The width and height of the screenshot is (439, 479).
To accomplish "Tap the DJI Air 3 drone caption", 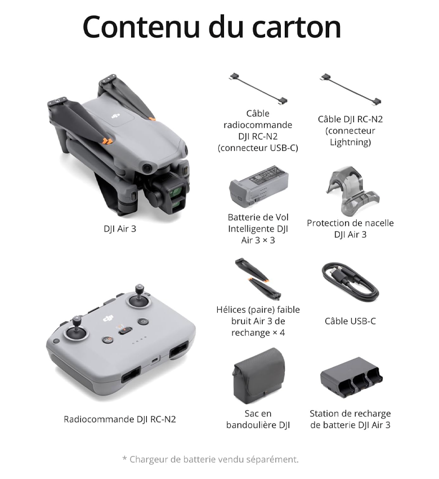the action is (120, 229).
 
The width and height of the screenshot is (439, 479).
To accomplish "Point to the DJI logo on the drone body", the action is (115, 116).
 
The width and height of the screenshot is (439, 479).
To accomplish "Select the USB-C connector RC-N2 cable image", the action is (258, 88).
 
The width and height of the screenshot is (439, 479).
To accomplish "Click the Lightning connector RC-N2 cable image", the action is (351, 89).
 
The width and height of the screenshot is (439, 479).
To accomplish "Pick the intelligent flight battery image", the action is (258, 187).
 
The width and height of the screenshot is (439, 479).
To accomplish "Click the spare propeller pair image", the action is (258, 278).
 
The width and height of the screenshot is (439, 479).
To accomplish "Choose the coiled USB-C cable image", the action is (350, 282).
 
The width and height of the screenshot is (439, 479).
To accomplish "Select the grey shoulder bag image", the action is (259, 376).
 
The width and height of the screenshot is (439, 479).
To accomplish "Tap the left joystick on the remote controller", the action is (76, 329).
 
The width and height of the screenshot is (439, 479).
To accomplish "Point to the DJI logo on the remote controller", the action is (108, 318).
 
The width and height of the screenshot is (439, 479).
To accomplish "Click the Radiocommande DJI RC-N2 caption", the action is (120, 419).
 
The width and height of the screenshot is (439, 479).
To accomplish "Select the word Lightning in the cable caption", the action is (350, 143).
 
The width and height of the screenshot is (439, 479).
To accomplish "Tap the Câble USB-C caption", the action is (350, 321).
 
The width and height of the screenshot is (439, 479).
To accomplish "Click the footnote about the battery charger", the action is (210, 459).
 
